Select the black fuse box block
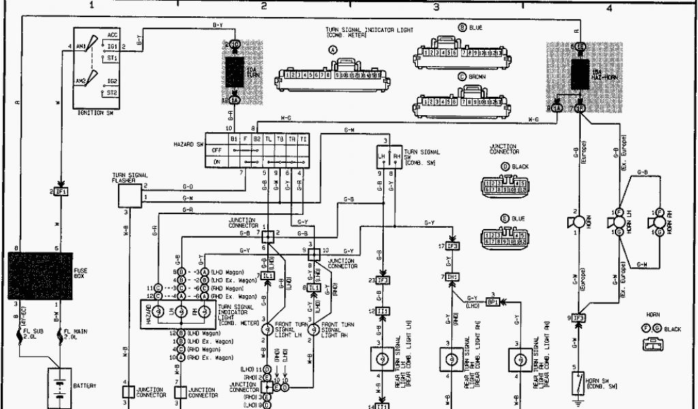[39, 275]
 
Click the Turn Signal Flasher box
[130, 196]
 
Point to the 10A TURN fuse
[234, 72]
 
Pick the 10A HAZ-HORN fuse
[580, 74]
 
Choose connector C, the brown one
[462, 105]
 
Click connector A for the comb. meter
[333, 78]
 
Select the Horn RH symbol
[657, 222]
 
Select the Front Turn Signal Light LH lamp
[267, 329]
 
